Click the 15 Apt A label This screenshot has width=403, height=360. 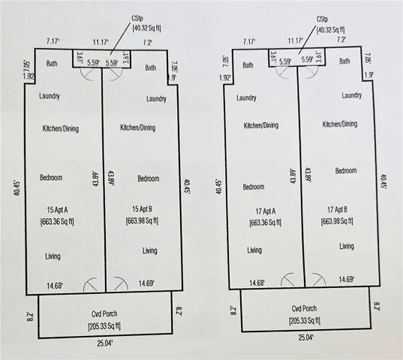57,210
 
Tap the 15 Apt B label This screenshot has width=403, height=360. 142,209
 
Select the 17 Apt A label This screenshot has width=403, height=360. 266,211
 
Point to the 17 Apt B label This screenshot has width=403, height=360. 337,210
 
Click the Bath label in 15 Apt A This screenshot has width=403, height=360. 52,64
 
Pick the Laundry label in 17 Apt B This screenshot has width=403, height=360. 352,95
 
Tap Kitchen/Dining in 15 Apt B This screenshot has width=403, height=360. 138,127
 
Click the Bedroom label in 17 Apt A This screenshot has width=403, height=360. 254,187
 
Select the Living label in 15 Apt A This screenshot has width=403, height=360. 53,256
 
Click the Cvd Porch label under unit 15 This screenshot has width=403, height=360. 104,313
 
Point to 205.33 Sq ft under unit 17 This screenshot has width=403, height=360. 305,320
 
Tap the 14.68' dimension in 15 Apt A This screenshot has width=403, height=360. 55,286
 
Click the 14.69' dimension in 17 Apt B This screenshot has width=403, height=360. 347,279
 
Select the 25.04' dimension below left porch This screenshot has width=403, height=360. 105,343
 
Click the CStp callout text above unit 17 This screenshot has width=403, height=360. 322,19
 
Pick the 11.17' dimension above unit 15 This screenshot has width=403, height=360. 101,42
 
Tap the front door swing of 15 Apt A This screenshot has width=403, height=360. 91,284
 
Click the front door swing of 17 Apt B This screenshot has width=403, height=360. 319,280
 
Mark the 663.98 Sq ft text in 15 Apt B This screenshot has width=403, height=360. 142,220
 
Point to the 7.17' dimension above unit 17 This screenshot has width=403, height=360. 249,41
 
